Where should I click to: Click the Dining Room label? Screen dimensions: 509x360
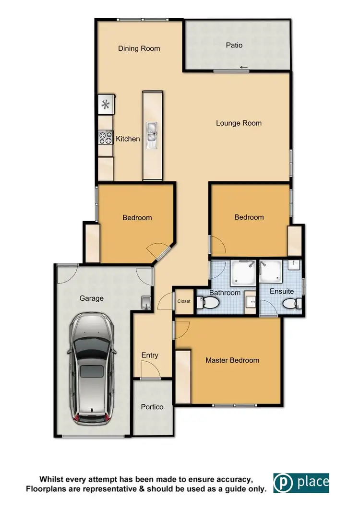(139, 48)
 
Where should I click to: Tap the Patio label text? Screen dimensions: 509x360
(234, 46)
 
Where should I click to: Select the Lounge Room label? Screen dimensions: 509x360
(239, 123)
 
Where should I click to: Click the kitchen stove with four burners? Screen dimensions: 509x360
(105, 138)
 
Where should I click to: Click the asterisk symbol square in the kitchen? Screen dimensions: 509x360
(106, 104)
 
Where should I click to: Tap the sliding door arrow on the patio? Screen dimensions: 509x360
(244, 67)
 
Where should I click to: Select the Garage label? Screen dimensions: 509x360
(91, 298)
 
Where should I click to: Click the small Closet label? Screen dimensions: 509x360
(184, 302)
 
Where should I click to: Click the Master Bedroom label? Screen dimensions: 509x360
(232, 360)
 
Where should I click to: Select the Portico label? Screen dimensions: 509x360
(152, 407)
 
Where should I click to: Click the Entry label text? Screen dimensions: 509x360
(150, 355)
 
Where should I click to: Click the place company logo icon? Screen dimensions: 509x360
(283, 483)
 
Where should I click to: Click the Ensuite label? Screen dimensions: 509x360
(282, 292)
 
